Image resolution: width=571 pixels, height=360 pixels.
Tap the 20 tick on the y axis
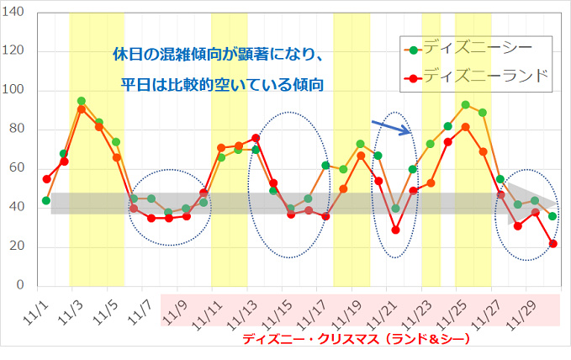pyautogui.click(x=19, y=247)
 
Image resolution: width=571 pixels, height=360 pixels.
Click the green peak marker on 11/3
pyautogui.click(x=81, y=101)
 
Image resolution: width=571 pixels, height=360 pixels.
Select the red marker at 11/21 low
pyautogui.click(x=395, y=230)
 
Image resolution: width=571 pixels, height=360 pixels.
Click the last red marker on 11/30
pyautogui.click(x=552, y=244)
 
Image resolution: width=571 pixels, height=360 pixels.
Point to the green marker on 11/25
pyautogui.click(x=465, y=105)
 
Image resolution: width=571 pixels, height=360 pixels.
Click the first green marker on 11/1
pyautogui.click(x=46, y=201)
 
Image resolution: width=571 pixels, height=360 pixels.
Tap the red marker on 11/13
pyautogui.click(x=256, y=138)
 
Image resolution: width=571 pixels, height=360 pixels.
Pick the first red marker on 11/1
pyautogui.click(x=46, y=179)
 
